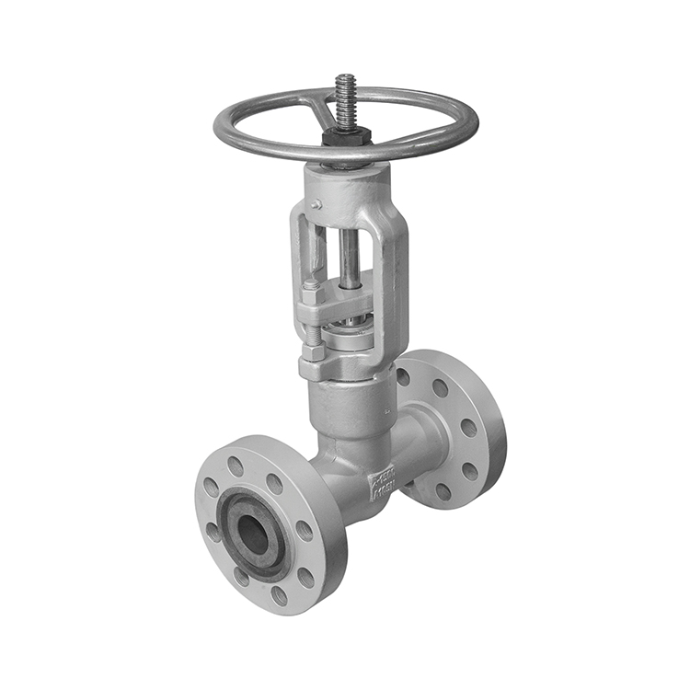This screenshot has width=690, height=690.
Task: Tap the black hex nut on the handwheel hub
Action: pos(347,136)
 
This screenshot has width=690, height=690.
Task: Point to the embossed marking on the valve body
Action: pos(382,481)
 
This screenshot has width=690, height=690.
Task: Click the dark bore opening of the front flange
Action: pos(253,535)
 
